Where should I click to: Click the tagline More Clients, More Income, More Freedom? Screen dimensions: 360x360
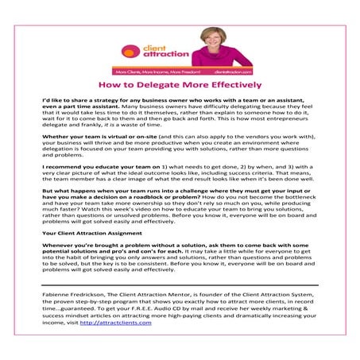(x=154, y=71)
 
